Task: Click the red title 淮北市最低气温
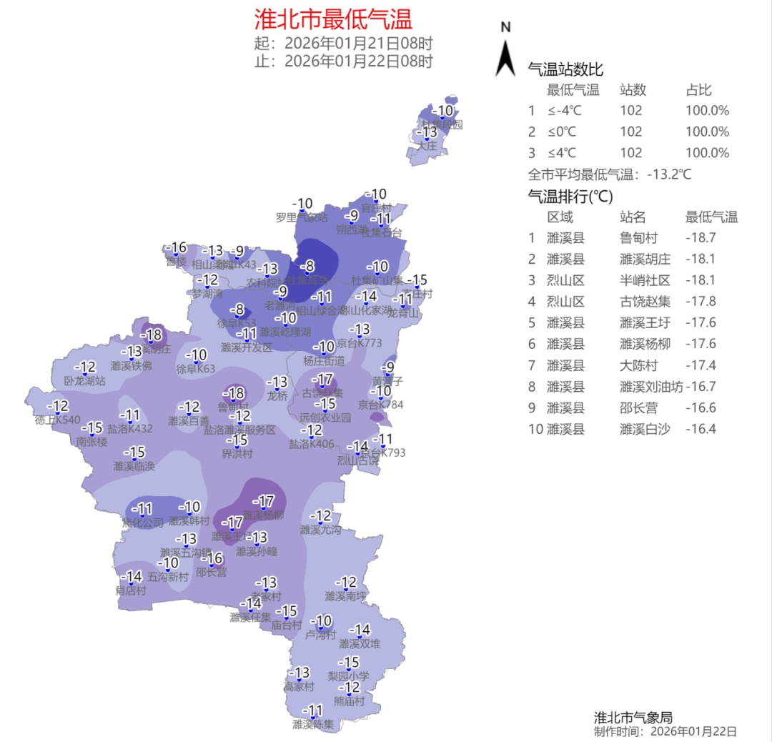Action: (333, 19)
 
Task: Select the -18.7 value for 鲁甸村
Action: (701, 238)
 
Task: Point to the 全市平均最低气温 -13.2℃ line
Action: (610, 174)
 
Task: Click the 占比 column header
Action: (698, 90)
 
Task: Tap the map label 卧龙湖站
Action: (84, 381)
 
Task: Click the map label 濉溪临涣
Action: (134, 466)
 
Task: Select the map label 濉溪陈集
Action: (313, 724)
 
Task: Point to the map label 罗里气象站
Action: (302, 217)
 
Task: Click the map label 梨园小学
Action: (348, 676)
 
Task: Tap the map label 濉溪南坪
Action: (345, 595)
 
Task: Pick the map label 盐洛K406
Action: (311, 444)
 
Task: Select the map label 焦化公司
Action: (143, 523)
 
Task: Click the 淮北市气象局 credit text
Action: (633, 718)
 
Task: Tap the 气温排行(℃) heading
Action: (570, 196)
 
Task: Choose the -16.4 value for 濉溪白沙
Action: (701, 429)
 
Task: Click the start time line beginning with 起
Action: (343, 44)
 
